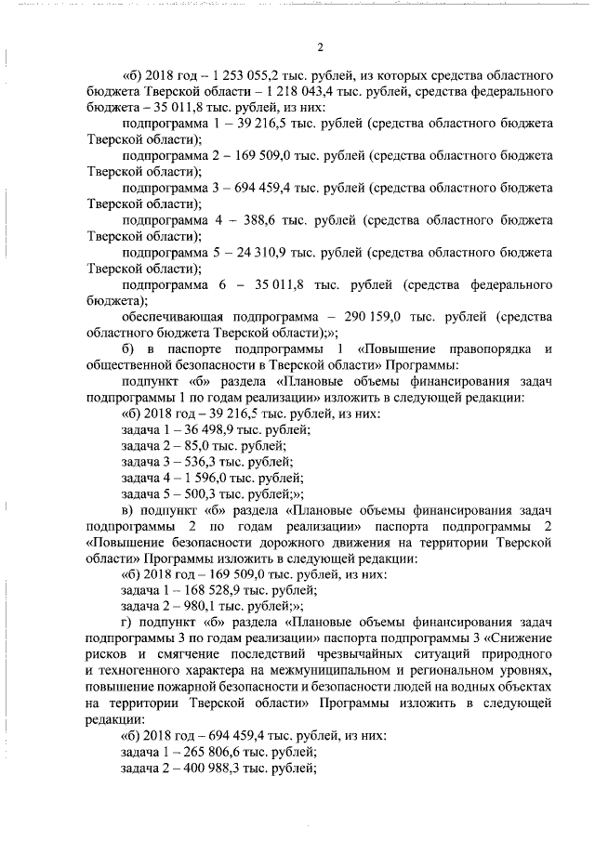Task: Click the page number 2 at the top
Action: [319, 46]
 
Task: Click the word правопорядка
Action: [488, 349]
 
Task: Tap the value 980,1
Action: [198, 608]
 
